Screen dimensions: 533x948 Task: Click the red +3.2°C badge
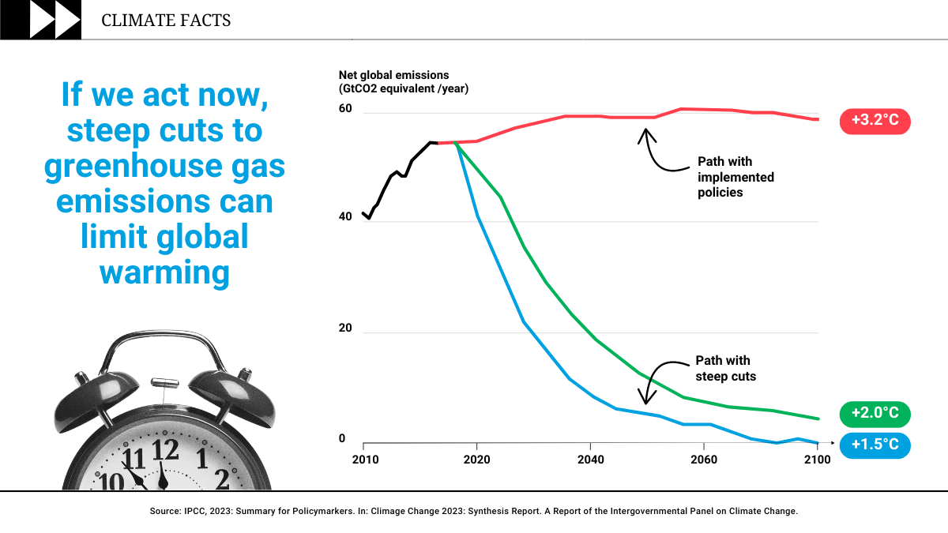[875, 122]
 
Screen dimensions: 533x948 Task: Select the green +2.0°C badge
[875, 413]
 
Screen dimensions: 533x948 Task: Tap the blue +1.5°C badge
[875, 445]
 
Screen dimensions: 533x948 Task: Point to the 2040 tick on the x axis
[590, 460]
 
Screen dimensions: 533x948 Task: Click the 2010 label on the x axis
[364, 460]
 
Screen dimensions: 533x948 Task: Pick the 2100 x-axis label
[817, 460]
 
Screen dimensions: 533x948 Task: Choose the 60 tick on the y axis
[345, 108]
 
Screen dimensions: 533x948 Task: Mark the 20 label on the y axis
[345, 328]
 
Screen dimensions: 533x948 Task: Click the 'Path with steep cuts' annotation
[725, 369]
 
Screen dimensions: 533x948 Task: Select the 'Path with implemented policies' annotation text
[735, 176]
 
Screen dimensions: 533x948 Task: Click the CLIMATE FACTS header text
[166, 21]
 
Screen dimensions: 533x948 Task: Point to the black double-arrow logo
[55, 20]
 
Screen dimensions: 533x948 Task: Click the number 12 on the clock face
[166, 449]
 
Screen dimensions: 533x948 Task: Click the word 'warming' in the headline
[164, 272]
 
